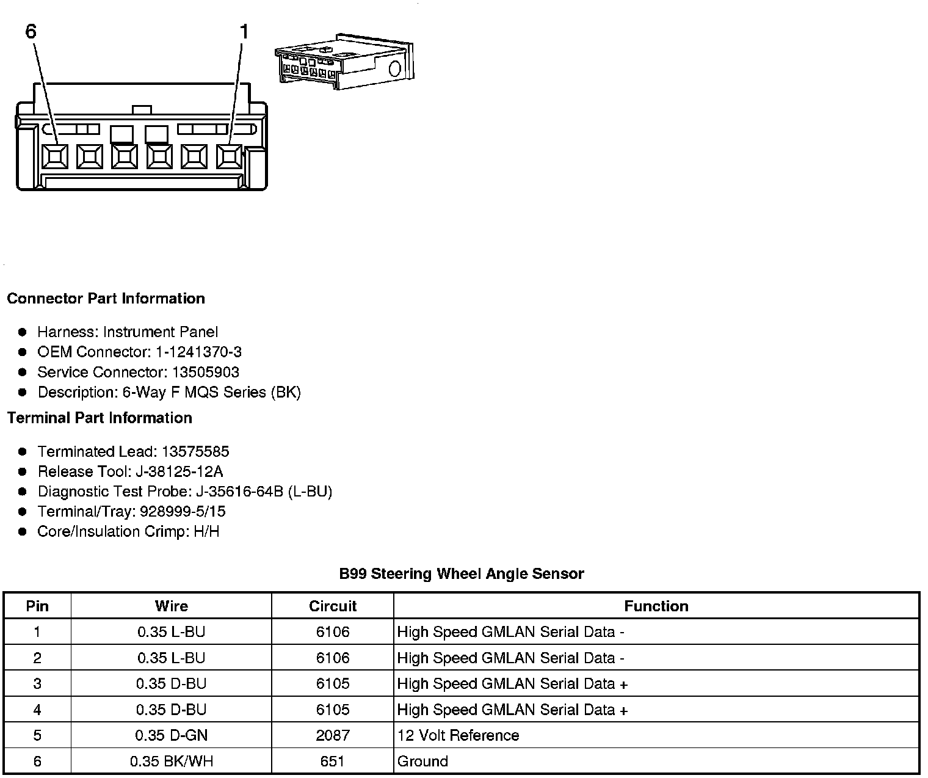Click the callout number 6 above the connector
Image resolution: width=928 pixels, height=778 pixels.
click(x=31, y=31)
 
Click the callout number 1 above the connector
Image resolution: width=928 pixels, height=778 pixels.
click(x=244, y=31)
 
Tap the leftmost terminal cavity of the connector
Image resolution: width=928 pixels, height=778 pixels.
click(x=55, y=157)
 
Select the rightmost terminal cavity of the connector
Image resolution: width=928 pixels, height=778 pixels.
click(x=230, y=157)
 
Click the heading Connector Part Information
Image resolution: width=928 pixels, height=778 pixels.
click(x=106, y=299)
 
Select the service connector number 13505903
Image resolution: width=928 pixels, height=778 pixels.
click(x=205, y=372)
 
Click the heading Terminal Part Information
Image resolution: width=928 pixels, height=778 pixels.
click(x=100, y=418)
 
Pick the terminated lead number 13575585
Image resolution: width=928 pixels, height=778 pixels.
click(x=195, y=451)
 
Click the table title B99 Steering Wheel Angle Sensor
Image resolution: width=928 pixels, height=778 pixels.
click(x=462, y=574)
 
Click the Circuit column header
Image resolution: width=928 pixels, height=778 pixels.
click(x=333, y=606)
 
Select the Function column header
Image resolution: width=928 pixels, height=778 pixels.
click(x=656, y=606)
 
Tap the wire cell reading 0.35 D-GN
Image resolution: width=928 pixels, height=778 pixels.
click(x=172, y=735)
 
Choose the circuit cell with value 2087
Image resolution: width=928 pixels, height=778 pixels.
click(x=333, y=735)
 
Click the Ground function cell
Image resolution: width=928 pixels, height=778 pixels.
click(x=422, y=762)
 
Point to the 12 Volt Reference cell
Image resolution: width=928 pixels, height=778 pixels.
click(x=458, y=735)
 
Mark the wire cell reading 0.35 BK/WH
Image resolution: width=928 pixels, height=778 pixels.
click(x=172, y=762)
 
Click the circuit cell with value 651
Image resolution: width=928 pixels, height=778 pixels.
click(x=333, y=762)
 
